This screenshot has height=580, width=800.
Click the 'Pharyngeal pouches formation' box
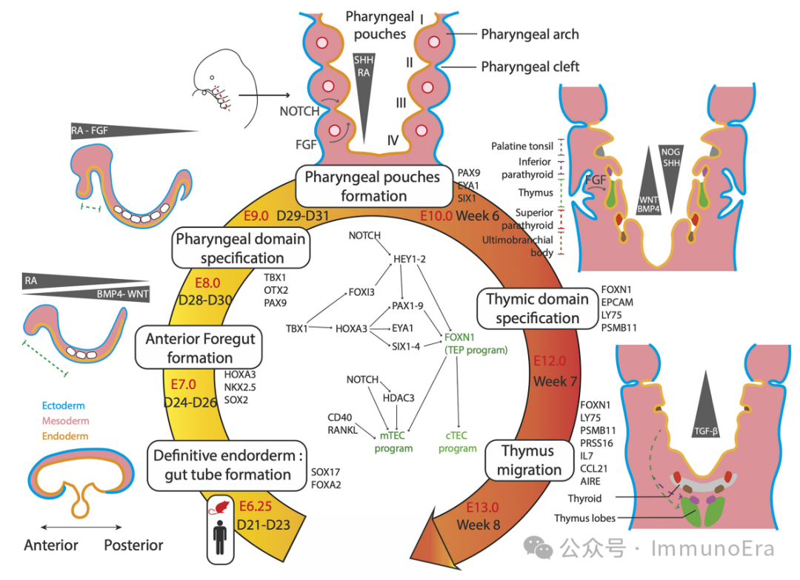[373, 186]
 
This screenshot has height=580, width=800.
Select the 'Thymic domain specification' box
[537, 308]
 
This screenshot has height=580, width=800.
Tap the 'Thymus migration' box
[527, 460]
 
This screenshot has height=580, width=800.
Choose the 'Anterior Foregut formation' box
[200, 348]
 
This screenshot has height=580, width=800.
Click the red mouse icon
[221, 508]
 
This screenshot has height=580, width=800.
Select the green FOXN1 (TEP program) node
[476, 343]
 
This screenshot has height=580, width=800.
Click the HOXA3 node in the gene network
[352, 328]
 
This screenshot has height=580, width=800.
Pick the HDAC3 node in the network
[398, 398]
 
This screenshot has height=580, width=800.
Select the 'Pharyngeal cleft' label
[530, 67]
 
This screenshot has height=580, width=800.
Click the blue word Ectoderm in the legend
[63, 405]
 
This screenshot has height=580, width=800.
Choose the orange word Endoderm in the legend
[64, 436]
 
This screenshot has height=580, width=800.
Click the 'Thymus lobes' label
[584, 519]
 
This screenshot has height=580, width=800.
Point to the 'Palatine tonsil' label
[521, 146]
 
